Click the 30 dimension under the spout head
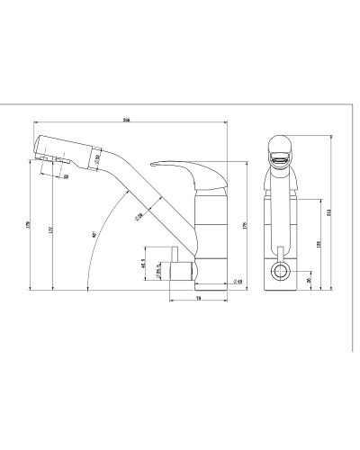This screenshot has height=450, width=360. pos(67,176)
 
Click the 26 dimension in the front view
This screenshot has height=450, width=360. pos(310,279)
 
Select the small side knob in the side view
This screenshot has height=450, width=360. pos(178,270)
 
